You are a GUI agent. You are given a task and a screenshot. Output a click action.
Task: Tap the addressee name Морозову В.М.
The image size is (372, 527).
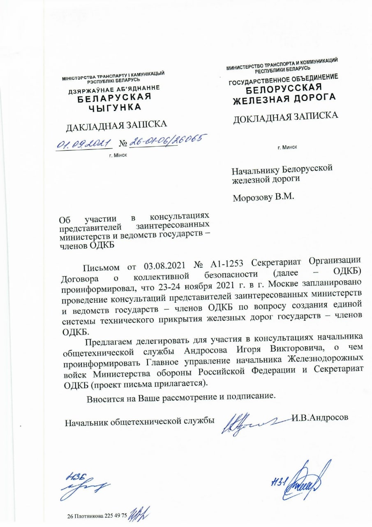click(263, 197)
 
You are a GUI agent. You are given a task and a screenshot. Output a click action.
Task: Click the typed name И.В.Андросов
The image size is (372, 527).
click(321, 417)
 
